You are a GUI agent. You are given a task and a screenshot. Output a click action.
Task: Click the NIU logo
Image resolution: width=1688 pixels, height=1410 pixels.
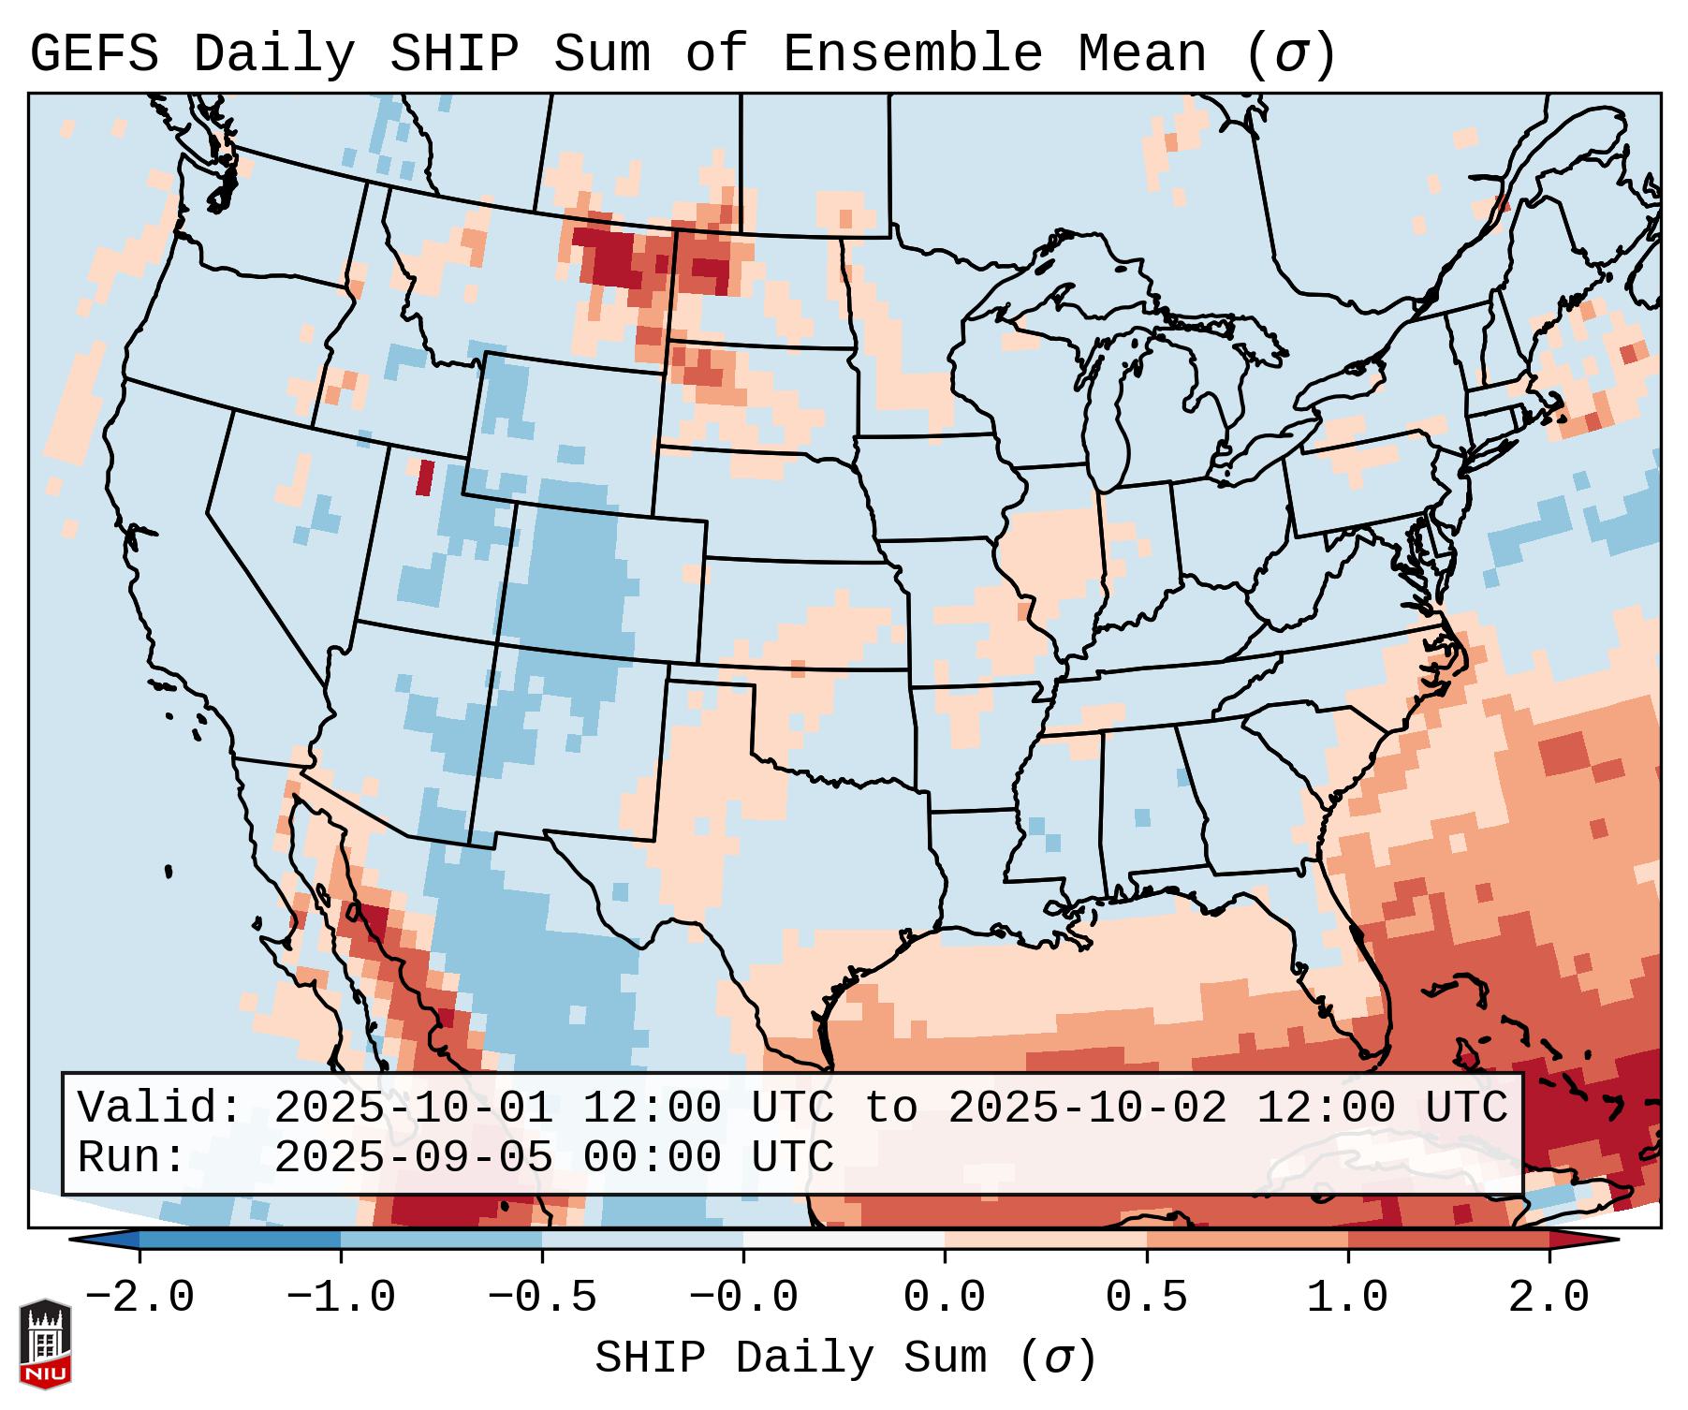click(x=45, y=1344)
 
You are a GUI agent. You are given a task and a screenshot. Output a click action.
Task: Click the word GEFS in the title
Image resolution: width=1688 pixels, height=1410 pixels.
click(x=95, y=54)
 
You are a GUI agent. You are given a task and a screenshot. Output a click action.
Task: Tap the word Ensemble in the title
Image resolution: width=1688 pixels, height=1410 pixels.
click(x=913, y=54)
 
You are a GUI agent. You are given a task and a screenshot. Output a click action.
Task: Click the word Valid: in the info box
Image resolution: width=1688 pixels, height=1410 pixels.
click(x=160, y=1108)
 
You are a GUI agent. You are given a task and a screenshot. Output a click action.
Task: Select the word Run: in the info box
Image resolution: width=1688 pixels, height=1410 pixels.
click(x=132, y=1157)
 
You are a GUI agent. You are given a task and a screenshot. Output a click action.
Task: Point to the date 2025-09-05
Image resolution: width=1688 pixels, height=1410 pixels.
click(x=413, y=1157)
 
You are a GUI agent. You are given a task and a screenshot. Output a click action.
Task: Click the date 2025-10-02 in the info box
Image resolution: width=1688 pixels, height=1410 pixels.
click(x=1087, y=1108)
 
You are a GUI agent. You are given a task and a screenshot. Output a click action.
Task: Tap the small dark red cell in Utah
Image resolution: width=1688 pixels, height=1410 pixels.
click(x=425, y=477)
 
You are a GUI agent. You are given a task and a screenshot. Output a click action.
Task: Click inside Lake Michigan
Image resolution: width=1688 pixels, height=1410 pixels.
click(x=1108, y=412)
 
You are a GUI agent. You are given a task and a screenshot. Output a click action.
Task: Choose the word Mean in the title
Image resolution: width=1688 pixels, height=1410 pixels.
click(x=1142, y=54)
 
